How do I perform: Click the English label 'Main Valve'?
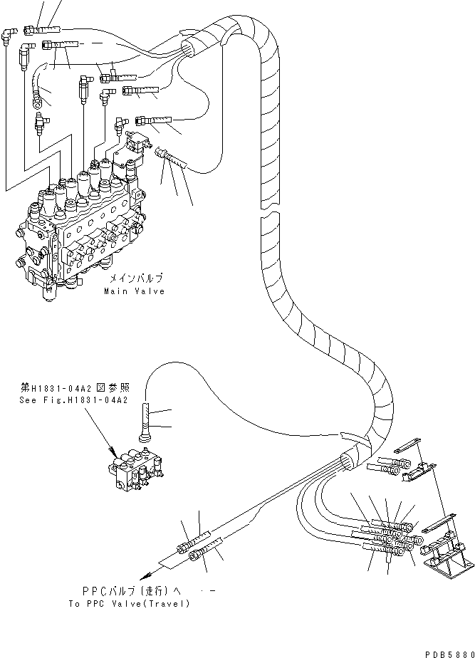(x=134, y=291)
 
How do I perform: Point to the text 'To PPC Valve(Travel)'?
(x=129, y=603)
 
